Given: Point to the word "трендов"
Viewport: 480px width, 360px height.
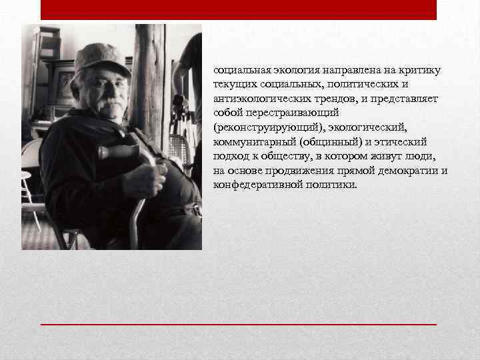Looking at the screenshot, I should pos(331,99).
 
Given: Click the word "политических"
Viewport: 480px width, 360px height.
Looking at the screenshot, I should pos(373,84).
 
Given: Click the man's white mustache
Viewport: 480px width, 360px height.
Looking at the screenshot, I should pos(105,102).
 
